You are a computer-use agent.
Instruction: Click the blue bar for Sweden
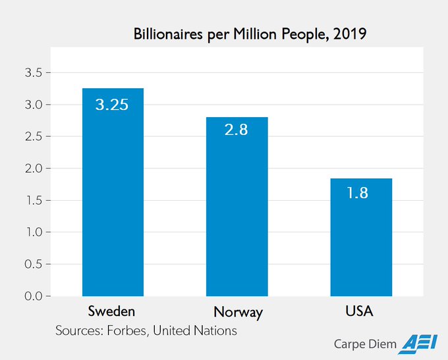pyautogui.click(x=113, y=197)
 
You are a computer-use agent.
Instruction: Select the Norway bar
pyautogui.click(x=237, y=211)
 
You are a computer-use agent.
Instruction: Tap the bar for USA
pyautogui.click(x=361, y=240)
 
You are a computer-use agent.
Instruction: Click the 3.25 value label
pyautogui.click(x=113, y=105)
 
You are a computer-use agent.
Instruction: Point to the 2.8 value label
pyautogui.click(x=236, y=130)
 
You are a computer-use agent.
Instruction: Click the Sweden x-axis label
pyautogui.click(x=113, y=311)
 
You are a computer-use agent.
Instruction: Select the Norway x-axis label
pyautogui.click(x=238, y=312)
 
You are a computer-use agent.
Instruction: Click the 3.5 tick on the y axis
pyautogui.click(x=34, y=72)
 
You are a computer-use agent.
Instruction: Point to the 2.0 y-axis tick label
pyautogui.click(x=34, y=168)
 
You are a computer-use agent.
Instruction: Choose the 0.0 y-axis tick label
pyautogui.click(x=34, y=296)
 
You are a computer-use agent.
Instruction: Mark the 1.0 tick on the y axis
pyautogui.click(x=34, y=232)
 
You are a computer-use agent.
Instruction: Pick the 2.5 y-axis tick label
pyautogui.click(x=34, y=136)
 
